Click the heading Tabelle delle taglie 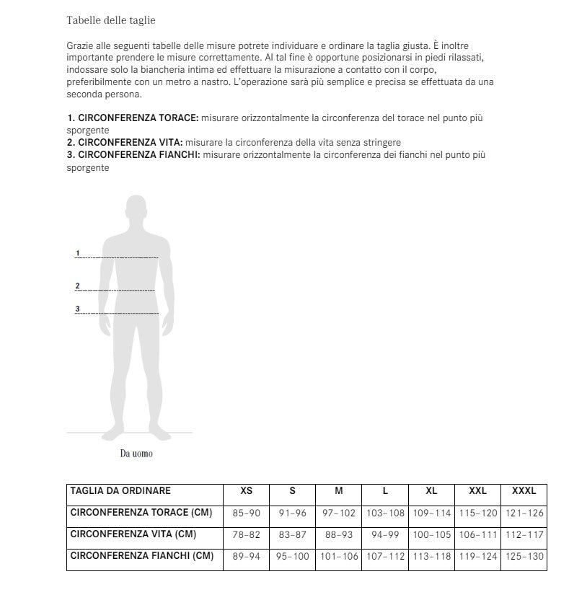(x=110, y=20)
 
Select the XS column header (x=247, y=491)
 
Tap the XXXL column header (x=524, y=491)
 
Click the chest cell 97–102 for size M (x=339, y=513)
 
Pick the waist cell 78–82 (x=247, y=534)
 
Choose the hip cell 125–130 (x=524, y=556)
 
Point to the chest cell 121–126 (x=524, y=513)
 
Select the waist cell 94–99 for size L (x=385, y=534)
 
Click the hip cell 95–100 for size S (x=292, y=556)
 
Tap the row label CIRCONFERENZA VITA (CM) (x=133, y=534)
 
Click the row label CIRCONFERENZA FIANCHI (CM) (x=141, y=556)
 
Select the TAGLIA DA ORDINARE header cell (x=120, y=491)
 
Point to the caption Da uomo (x=136, y=454)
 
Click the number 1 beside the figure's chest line (x=77, y=253)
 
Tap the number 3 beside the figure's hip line (x=77, y=309)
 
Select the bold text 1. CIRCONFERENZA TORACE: (x=133, y=117)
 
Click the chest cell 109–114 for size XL (x=431, y=513)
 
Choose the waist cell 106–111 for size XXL (x=477, y=534)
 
